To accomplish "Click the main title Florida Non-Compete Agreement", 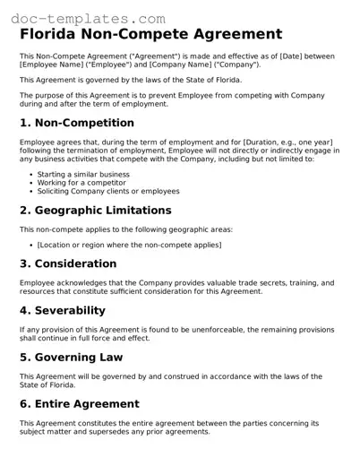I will pos(150,34).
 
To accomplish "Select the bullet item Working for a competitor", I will pos(81,183).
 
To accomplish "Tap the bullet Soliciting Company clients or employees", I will pos(107,191).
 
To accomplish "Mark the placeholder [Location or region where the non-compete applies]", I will pos(129,245).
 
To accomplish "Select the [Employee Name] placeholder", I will pos(50,65).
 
